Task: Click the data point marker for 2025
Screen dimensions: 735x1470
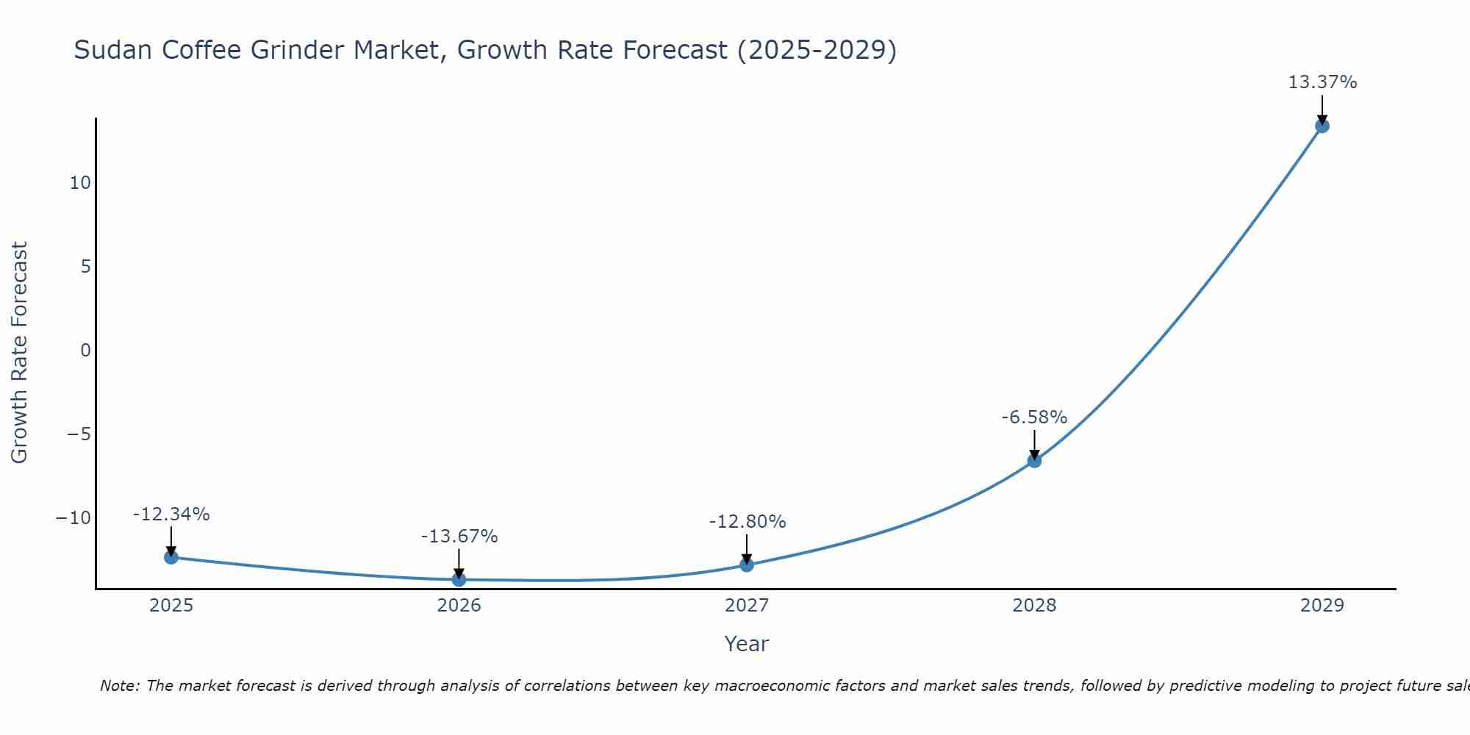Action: point(171,557)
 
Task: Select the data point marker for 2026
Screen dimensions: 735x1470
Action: point(459,579)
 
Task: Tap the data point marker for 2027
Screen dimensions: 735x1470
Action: point(747,564)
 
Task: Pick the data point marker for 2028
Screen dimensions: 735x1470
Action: point(1034,461)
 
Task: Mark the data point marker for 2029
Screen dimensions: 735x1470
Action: point(1322,126)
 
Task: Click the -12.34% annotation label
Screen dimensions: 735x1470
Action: point(171,514)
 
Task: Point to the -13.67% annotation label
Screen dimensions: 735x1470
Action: point(459,537)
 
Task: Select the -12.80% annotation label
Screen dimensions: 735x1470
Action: point(747,522)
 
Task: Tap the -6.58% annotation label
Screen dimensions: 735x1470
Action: point(1034,417)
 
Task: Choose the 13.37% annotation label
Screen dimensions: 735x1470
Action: point(1322,82)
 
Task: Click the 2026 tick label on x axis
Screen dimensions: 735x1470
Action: point(459,606)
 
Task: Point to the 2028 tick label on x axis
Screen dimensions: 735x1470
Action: point(1034,606)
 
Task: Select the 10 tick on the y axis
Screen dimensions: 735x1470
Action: point(80,183)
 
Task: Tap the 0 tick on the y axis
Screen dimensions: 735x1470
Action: point(85,351)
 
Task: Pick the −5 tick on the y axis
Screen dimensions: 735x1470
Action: point(79,434)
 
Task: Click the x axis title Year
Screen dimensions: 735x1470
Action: point(746,644)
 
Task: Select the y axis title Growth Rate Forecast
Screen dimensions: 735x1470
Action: point(19,353)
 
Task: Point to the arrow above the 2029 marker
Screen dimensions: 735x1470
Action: point(1322,109)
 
